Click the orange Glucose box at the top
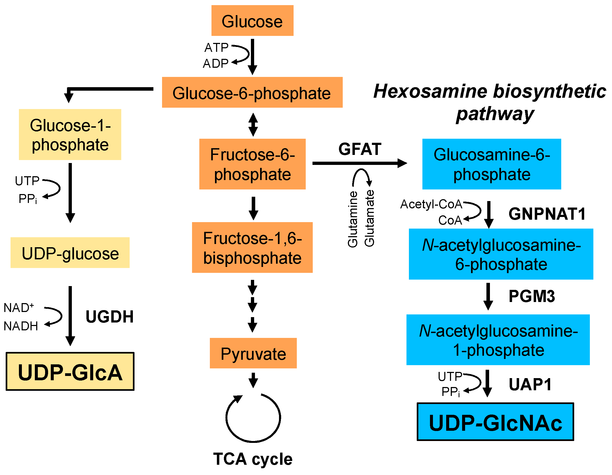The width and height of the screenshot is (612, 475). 252,21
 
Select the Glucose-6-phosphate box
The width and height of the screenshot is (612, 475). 252,92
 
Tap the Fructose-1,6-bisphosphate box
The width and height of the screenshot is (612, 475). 252,247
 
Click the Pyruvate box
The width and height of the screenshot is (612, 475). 253,353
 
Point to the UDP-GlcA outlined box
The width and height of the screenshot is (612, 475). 70,371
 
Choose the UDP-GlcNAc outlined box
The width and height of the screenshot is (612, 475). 495,422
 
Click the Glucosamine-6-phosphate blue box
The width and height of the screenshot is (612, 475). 492,164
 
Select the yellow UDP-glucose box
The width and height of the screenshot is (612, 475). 70,253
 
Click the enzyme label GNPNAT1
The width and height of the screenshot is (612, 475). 547,214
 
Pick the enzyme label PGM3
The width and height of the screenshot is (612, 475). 532,296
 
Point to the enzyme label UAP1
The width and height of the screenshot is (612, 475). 530,384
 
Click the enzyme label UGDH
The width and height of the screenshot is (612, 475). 110,317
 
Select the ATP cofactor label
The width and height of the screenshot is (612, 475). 216,47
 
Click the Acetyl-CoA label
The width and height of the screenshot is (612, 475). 431,204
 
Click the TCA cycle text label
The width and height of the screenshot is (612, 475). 253,459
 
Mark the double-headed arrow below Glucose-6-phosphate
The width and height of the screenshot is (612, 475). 253,125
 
